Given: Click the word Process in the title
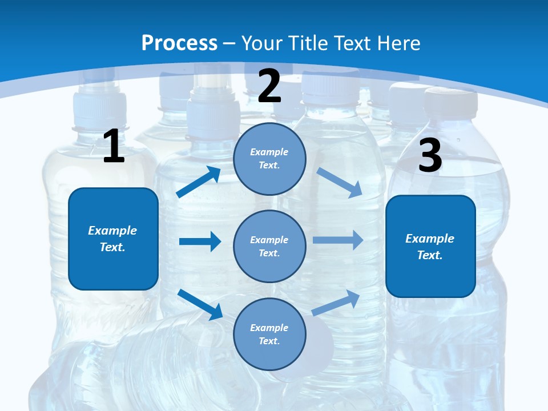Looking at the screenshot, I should pos(179,43).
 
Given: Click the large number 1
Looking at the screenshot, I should pos(114,146).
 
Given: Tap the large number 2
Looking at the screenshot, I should pos(269,86).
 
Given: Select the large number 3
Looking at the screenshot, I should pos(430,155).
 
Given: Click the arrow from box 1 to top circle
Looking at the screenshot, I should pos(199,182).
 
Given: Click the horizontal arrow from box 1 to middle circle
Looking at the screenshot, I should pos(200,241).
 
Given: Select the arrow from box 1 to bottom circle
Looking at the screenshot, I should pos(200,304).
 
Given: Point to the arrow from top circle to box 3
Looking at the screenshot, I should pos(339,182).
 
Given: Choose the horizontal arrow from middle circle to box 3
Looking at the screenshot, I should pos(337,240).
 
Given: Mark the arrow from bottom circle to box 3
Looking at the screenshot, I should pos(336,303).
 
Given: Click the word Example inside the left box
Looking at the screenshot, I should pos(112,231).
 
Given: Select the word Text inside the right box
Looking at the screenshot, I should pos(429,255).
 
